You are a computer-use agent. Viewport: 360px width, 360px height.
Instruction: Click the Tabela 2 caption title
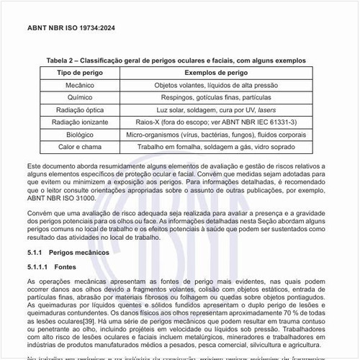coord(176,60)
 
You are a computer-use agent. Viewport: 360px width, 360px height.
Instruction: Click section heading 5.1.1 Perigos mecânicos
coord(68,253)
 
